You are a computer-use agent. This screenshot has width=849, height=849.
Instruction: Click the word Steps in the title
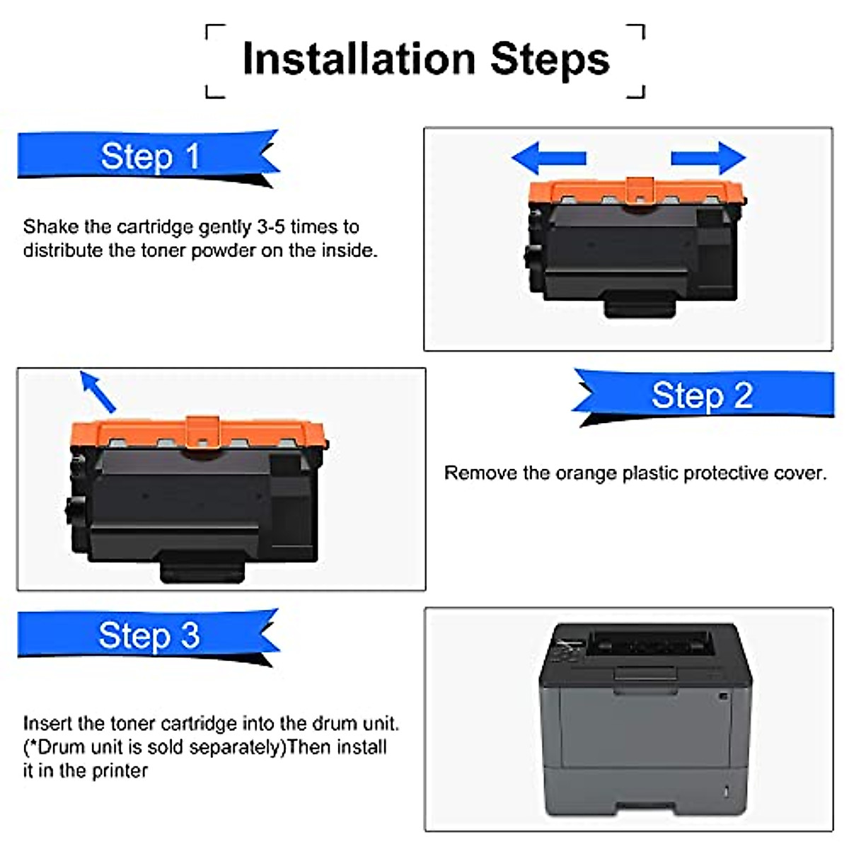[x=550, y=59]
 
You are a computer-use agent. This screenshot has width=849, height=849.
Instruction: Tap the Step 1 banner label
[x=150, y=156]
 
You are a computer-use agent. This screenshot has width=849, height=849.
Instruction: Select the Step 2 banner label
[x=702, y=395]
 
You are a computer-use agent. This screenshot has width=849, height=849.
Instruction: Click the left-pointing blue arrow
[x=548, y=157]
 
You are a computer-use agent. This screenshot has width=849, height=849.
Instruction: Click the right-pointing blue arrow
[x=708, y=157]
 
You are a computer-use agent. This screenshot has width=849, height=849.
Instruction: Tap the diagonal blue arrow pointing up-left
[x=98, y=391]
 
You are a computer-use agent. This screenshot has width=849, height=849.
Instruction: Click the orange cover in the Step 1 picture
[x=637, y=192]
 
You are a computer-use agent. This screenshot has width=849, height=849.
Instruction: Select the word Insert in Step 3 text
[x=47, y=724]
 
